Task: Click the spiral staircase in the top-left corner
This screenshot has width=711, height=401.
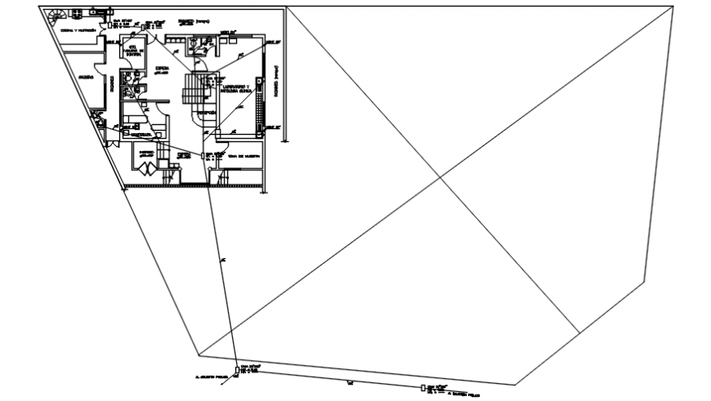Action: (58, 15)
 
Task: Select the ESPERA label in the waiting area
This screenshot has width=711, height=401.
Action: (161, 69)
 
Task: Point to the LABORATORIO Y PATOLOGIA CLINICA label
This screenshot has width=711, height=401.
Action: (235, 88)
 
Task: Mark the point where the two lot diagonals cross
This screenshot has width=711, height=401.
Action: (440, 177)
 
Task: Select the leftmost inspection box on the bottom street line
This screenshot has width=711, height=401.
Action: (238, 372)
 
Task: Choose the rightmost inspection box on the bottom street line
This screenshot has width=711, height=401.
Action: (423, 388)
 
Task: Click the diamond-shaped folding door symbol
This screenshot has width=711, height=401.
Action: (146, 168)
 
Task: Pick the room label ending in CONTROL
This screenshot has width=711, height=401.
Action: (133, 54)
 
